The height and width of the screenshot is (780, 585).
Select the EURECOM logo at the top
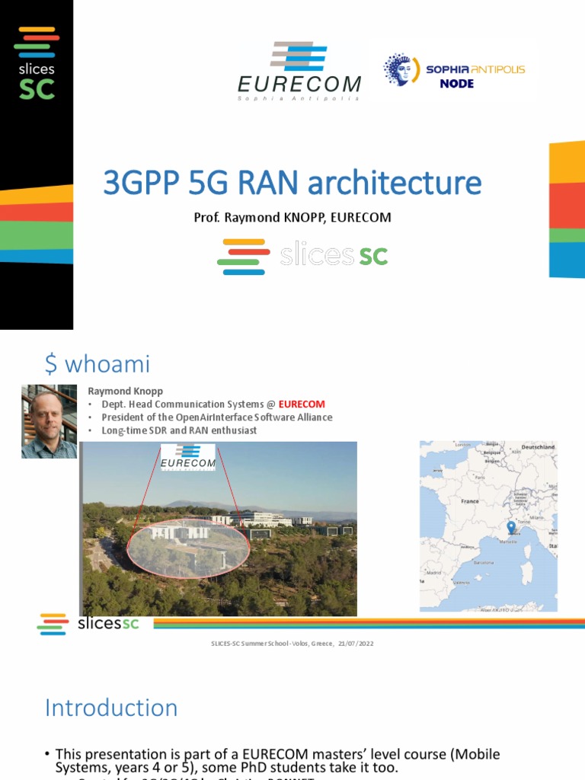299,72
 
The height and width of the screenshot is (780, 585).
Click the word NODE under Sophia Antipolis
457,84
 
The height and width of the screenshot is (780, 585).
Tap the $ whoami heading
97,364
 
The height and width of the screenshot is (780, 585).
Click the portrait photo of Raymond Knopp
49,421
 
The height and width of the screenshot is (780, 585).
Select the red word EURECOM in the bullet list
302,404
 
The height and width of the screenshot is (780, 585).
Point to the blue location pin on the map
510,527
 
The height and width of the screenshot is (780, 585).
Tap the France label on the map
470,501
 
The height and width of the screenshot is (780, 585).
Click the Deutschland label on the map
537,447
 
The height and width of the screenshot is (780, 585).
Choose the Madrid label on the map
435,572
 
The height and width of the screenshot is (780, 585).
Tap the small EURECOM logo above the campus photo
187,459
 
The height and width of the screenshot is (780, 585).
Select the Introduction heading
111,708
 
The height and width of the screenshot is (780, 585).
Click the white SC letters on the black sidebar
37,89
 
